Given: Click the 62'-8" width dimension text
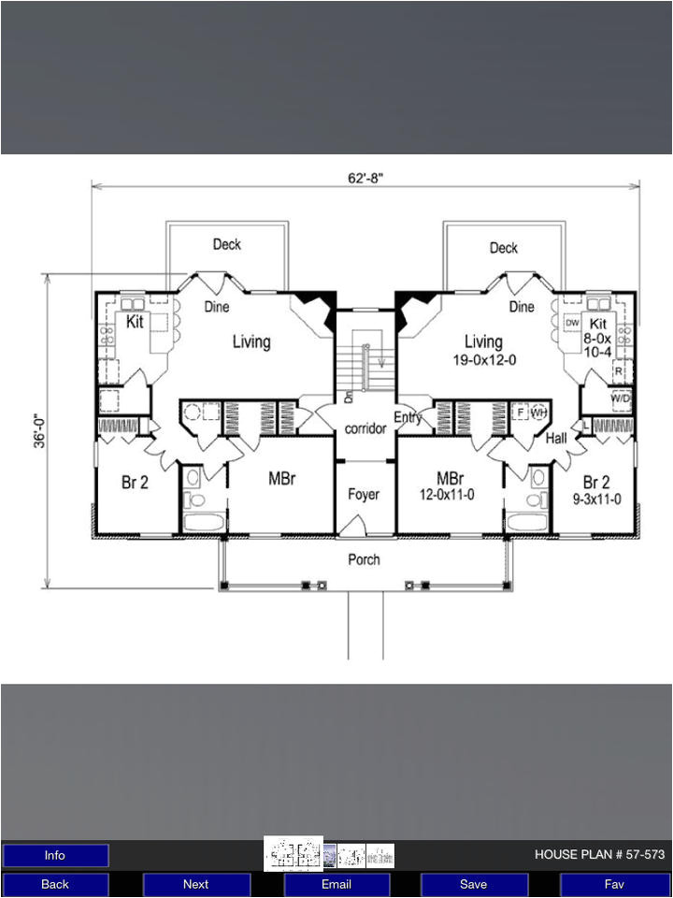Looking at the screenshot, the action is [365, 178].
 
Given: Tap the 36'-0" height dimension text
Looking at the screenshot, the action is [39, 430].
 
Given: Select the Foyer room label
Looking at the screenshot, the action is [364, 494].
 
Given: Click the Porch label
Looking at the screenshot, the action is [364, 559].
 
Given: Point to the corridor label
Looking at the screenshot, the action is [365, 428].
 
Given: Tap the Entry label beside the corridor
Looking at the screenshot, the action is [407, 417].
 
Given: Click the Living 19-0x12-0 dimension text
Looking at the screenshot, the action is [484, 361].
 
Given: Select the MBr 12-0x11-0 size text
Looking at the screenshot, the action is [447, 495].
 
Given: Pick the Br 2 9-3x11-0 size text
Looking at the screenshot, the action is [597, 500].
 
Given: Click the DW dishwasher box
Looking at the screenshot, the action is [572, 323].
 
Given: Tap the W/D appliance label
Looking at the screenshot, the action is [621, 398].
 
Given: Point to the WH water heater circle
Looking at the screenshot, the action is [538, 412].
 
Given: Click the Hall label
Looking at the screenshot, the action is [555, 439].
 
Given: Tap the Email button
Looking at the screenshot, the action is [336, 884].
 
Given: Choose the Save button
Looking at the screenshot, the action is [473, 884].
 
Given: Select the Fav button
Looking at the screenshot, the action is [614, 884].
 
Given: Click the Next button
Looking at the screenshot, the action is [195, 884].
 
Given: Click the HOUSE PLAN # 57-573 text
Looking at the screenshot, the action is [599, 854].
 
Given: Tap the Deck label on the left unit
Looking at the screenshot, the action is [226, 244].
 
